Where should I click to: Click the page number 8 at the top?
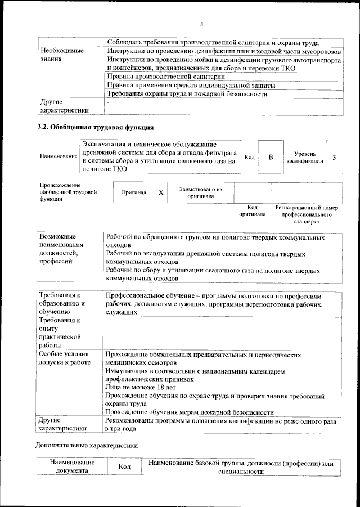coord(201,24)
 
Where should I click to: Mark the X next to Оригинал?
coord(160,192)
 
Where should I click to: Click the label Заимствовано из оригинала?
coord(201,192)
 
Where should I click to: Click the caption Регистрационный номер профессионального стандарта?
coord(306,214)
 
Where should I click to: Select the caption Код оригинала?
coord(252,211)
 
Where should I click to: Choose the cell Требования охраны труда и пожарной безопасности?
coord(186,94)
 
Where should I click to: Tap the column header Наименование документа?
coord(71,467)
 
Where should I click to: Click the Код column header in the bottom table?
coord(124,467)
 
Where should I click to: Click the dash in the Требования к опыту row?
coord(107,320)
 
